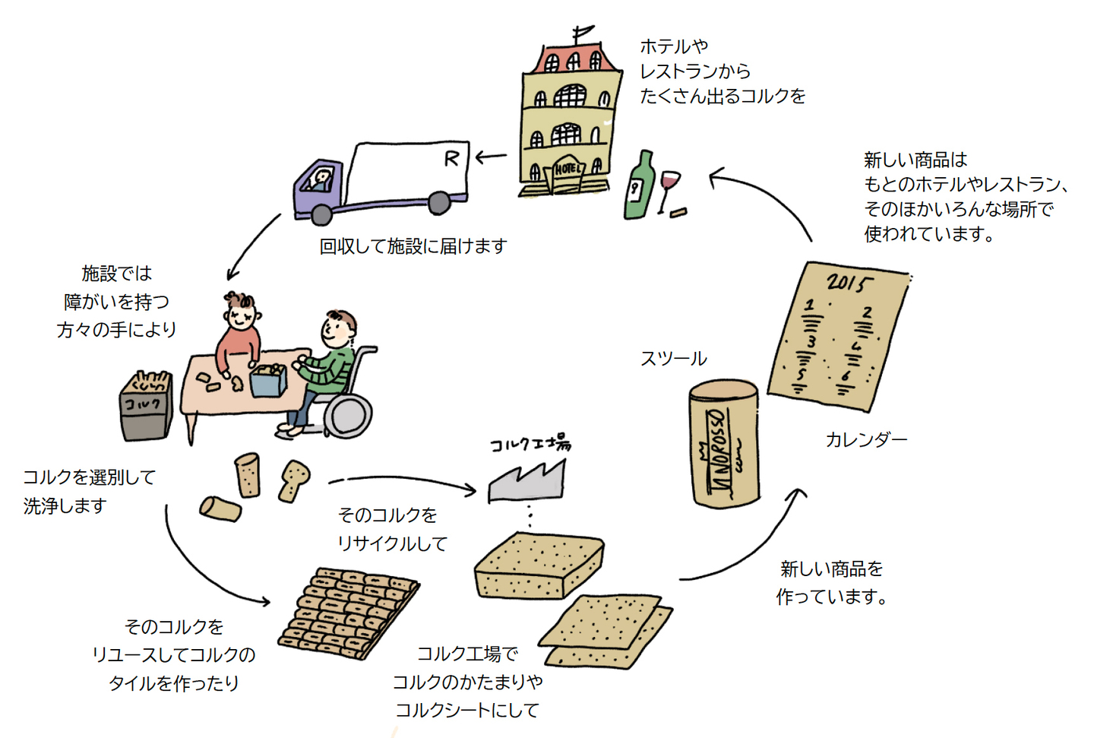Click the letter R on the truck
(x=451, y=158)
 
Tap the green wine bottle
(x=638, y=186)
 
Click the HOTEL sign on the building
(x=568, y=168)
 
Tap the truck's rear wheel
(x=439, y=203)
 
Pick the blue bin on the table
(x=267, y=381)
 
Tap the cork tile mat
(x=349, y=612)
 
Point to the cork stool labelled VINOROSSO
(x=724, y=444)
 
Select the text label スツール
(x=673, y=359)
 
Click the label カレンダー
(x=866, y=439)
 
